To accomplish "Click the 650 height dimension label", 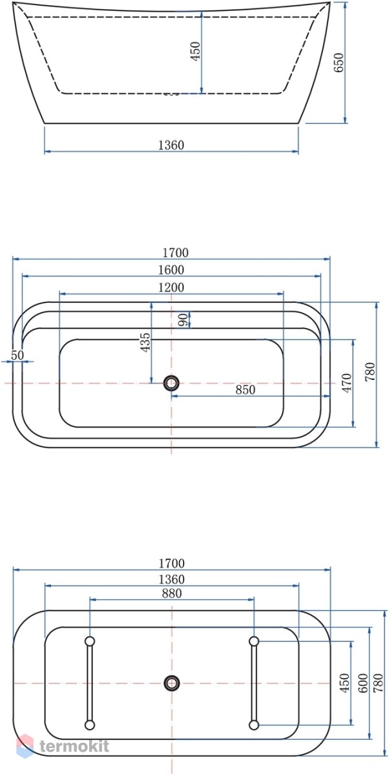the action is coord(339,62).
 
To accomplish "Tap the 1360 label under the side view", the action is coord(171,145).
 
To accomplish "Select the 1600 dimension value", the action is coord(171,269).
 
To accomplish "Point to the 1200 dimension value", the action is coord(171,287).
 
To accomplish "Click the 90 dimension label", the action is coord(184,319).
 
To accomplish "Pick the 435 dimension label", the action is coord(145,342).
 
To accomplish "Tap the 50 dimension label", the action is coord(17,355).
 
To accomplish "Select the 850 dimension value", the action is coord(246,389).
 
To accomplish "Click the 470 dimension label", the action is coord(346,382).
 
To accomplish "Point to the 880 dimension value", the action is coord(172,594).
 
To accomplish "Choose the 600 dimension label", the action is coord(363,683).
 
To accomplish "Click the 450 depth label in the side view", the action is coord(196,51).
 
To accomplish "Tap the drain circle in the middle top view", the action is coord(171,383).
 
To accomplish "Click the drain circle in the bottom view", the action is coord(171,683).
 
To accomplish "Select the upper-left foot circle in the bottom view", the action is coord(90,641).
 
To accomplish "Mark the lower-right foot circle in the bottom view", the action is coord(254,725).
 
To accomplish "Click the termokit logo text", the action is coord(74,746).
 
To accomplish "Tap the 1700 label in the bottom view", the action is coord(172,563).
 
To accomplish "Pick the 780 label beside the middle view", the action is coord(370,371).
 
